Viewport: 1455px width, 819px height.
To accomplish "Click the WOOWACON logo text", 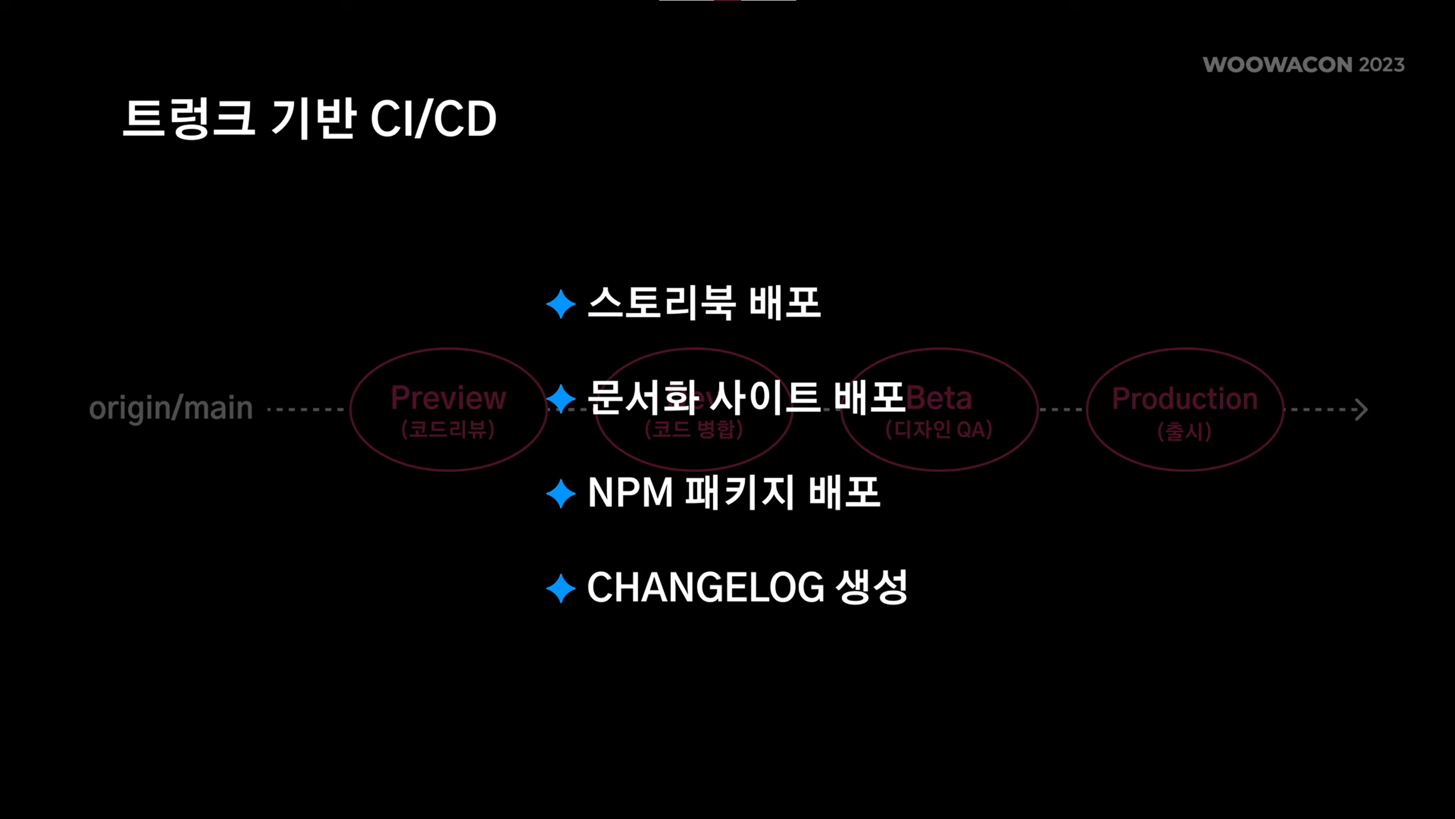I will tap(1277, 65).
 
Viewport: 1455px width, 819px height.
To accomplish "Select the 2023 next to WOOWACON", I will tap(1382, 65).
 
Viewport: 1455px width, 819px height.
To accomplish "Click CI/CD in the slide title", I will tap(433, 119).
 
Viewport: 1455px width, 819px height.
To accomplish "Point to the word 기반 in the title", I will tap(314, 118).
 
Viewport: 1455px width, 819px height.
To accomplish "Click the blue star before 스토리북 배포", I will tap(561, 304).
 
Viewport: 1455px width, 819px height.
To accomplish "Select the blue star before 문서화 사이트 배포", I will tap(561, 399).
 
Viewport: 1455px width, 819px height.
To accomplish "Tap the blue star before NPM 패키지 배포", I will tap(561, 494).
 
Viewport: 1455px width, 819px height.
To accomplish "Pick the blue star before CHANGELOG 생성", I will tap(561, 588).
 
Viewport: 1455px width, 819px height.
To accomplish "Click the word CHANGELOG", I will tap(705, 588).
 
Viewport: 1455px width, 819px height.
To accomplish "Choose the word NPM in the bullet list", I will tap(630, 493).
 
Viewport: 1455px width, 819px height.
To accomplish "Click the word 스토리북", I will tap(662, 303).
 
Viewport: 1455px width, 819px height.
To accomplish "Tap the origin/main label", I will tap(171, 408).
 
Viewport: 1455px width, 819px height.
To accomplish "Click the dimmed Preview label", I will tap(448, 398).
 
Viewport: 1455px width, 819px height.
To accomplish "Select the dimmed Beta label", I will tap(939, 398).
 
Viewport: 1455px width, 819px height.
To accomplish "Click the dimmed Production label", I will tap(1185, 399).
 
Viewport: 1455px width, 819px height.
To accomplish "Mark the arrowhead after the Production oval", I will tap(1361, 409).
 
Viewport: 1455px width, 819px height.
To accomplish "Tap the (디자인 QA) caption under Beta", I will tap(939, 429).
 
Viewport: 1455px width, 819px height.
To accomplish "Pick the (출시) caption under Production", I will tap(1184, 432).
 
